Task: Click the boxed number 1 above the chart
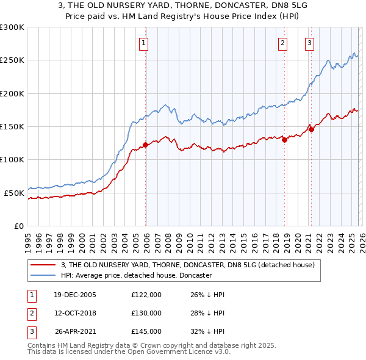(143, 43)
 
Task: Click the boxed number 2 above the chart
(283, 43)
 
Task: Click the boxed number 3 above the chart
(310, 43)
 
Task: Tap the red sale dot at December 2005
(146, 145)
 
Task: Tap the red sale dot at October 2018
(284, 140)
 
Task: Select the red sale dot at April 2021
(311, 129)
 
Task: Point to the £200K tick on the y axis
(12, 93)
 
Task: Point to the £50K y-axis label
(14, 193)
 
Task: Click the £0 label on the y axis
(18, 226)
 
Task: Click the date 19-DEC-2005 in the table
(75, 295)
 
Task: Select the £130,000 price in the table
(146, 313)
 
